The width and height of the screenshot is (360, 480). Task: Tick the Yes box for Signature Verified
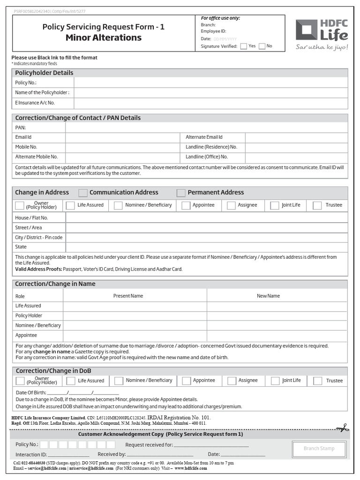244,46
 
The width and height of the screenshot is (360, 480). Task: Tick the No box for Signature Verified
262,46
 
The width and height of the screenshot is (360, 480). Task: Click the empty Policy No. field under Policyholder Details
210,83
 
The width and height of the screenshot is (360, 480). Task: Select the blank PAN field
206,127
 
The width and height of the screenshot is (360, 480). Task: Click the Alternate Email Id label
204,137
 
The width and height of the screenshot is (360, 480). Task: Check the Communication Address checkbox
83,193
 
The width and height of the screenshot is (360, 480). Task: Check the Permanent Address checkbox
181,193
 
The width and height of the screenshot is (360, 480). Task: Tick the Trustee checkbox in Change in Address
317,205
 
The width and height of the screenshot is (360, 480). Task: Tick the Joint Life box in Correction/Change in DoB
275,381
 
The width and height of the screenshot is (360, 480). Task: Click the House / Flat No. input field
206,217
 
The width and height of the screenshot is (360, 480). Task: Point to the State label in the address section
21,247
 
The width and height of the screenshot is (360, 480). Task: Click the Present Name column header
128,296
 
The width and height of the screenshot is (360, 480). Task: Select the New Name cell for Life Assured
277,306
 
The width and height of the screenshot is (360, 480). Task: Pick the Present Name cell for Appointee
135,336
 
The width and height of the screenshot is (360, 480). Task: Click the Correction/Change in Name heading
55,284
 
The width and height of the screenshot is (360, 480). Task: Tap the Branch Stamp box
319,449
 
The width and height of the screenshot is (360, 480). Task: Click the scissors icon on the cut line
342,427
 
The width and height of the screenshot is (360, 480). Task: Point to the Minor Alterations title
103,37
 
